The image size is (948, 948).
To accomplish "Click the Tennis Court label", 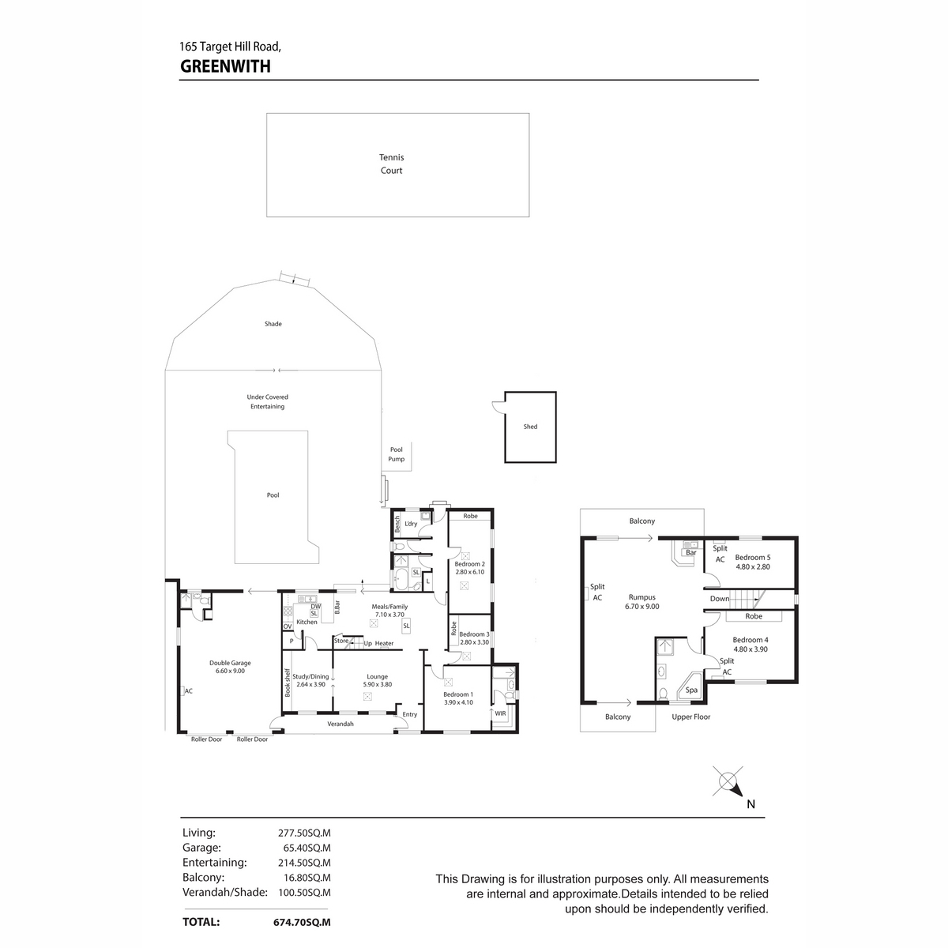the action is click(x=391, y=164).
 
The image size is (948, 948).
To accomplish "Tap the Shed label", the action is click(x=530, y=427).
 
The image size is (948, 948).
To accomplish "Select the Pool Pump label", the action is click(x=396, y=454).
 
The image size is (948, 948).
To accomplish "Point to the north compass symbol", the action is click(x=730, y=783).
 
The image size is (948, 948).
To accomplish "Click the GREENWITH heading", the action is click(x=225, y=66).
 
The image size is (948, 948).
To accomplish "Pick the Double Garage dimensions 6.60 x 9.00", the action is click(x=230, y=671).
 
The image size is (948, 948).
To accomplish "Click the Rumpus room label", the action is click(x=641, y=596).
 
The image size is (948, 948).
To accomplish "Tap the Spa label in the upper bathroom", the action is click(x=691, y=690).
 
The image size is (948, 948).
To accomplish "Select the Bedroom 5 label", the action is click(x=752, y=558).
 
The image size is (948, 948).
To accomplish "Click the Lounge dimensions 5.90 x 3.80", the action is click(x=378, y=684).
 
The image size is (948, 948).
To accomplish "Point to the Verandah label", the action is click(x=340, y=724).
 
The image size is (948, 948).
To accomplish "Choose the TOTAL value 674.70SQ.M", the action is click(x=302, y=922).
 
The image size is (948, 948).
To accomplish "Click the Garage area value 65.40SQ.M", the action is click(x=307, y=848).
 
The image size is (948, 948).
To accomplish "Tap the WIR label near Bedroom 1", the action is click(x=500, y=713).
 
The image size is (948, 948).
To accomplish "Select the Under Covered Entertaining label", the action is click(x=267, y=401).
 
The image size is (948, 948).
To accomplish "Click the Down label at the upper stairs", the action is click(x=719, y=599).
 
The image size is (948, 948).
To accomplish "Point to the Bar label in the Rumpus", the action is click(x=690, y=552).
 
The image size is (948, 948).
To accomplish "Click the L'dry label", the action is click(x=411, y=524).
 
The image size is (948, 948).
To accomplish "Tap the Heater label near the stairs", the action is click(x=384, y=643).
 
